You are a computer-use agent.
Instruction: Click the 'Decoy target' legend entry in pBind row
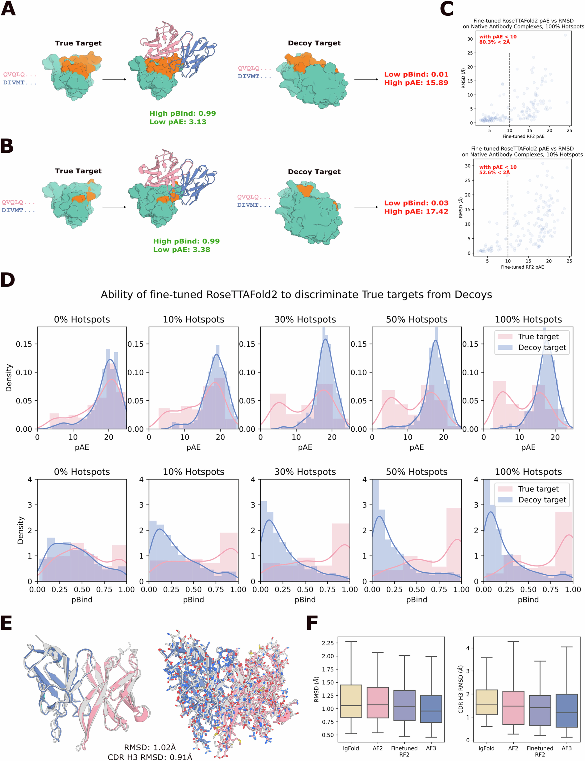click(x=542, y=500)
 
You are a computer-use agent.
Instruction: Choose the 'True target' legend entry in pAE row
click(x=538, y=337)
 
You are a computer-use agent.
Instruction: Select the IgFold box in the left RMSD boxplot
click(x=351, y=701)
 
